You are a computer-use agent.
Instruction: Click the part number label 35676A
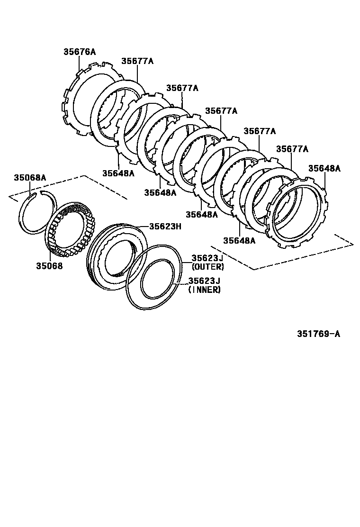[x=80, y=52]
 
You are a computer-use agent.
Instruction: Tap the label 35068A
[x=29, y=178]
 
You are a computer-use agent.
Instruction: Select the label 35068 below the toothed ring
[x=49, y=265]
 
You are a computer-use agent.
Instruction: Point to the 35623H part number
[x=165, y=226]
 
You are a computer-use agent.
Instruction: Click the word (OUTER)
[x=207, y=267]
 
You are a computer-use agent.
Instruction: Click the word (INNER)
[x=205, y=290]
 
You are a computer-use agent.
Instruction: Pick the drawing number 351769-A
[x=318, y=334]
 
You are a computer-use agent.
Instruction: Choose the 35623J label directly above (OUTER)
[x=207, y=258]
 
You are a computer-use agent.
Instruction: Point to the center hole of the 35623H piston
[x=118, y=258]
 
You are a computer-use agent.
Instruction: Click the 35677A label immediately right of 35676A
[x=137, y=61]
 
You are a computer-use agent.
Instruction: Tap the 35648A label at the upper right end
[x=324, y=168]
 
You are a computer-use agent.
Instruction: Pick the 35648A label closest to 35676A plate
[x=118, y=173]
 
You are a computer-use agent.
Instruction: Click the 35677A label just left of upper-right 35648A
[x=292, y=149]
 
